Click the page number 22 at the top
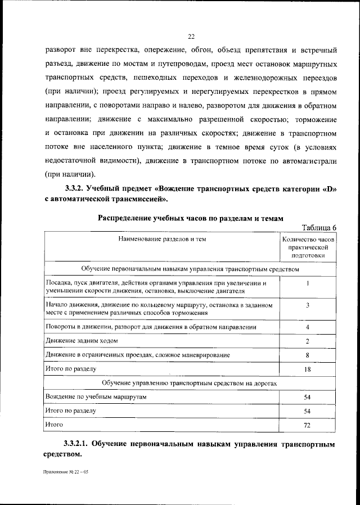[191, 37]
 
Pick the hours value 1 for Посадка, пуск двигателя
[308, 283]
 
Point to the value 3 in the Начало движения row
[308, 305]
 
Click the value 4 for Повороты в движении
[308, 327]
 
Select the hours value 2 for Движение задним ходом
[308, 341]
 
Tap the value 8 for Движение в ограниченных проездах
[308, 355]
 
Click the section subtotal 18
[308, 369]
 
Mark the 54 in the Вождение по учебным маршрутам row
[308, 397]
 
